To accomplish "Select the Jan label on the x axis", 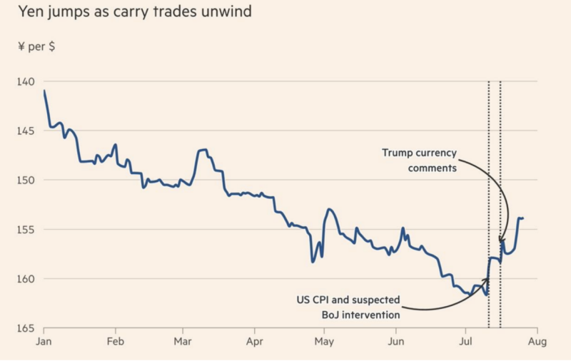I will pyautogui.click(x=44, y=342).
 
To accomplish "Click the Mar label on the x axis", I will pyautogui.click(x=183, y=342).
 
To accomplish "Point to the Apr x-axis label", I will pyautogui.click(x=255, y=342).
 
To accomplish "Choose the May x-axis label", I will pyautogui.click(x=324, y=342).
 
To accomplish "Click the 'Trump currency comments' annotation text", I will pyautogui.click(x=419, y=159).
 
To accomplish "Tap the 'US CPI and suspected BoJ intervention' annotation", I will pyautogui.click(x=349, y=306).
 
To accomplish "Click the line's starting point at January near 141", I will pyautogui.click(x=44, y=91).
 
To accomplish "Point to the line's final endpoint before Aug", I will pyautogui.click(x=523, y=218).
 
